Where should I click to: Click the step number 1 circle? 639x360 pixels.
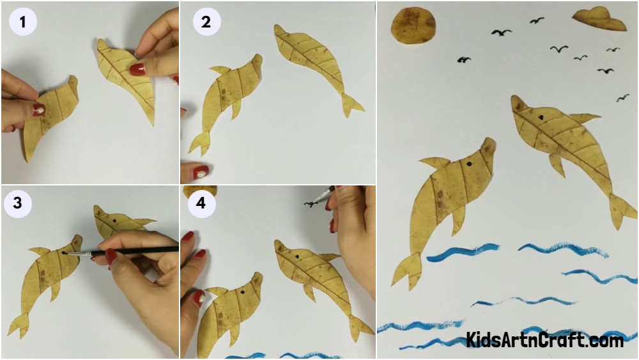point(23,22)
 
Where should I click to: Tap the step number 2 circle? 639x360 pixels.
point(206,22)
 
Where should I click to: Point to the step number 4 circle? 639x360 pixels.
point(202,203)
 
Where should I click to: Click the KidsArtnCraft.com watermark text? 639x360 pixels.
point(544,340)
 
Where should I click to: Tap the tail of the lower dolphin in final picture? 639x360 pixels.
point(406,271)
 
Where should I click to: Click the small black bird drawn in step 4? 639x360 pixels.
point(311,204)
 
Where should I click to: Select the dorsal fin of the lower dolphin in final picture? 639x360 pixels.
point(435,163)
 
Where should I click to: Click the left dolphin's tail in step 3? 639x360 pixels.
point(19,325)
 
